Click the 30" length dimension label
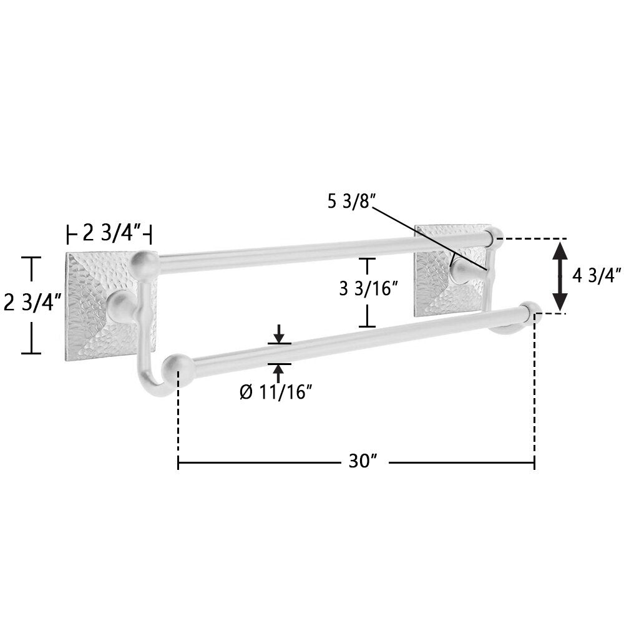(x=363, y=461)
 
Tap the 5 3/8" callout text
(x=349, y=202)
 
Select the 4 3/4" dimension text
(x=596, y=276)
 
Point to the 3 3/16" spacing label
(x=368, y=288)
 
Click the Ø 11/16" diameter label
(x=275, y=392)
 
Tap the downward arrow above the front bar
(x=279, y=334)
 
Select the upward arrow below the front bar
(x=279, y=373)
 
